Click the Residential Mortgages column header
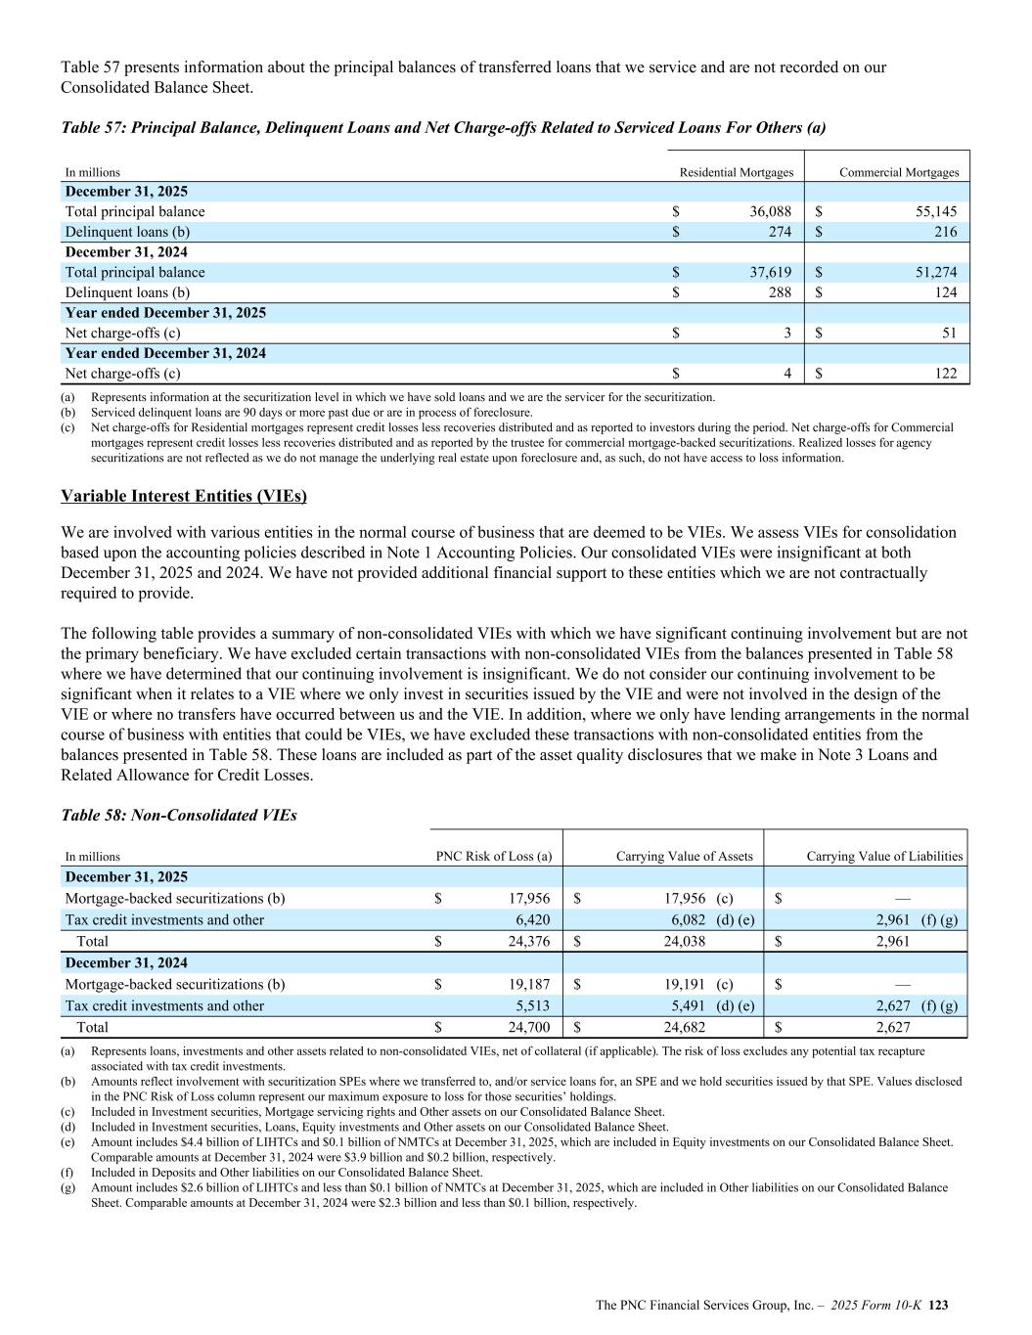pos(736,173)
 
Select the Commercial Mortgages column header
pos(899,173)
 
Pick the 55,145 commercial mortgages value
pos(930,211)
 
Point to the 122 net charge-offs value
pos(945,373)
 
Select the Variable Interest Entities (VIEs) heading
pos(184,496)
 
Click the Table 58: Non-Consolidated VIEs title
pos(178,815)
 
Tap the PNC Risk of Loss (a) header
pos(493,857)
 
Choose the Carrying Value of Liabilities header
pos(884,857)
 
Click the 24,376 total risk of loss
pos(529,941)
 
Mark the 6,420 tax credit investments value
pos(533,919)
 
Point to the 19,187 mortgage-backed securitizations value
pos(529,984)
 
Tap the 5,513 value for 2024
pos(533,1005)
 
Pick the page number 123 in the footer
pos(939,1305)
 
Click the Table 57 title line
pos(443,127)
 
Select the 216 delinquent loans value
pos(945,232)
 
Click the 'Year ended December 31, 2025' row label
pos(165,313)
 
